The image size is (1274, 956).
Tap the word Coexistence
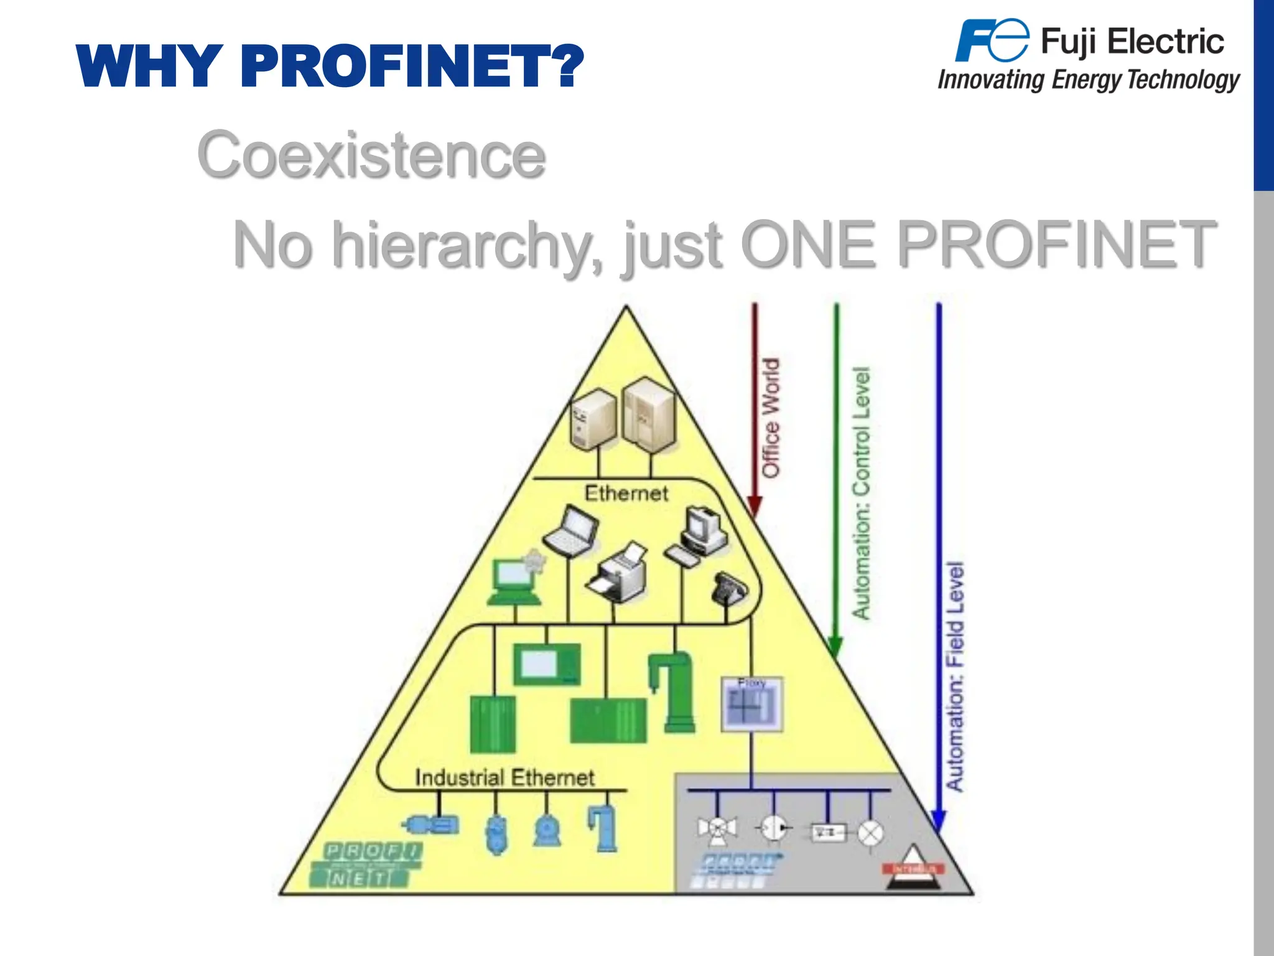[x=371, y=155]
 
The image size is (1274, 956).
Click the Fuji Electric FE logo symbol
[x=992, y=40]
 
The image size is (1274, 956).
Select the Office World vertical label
[x=771, y=418]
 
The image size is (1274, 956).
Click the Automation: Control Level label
[x=861, y=493]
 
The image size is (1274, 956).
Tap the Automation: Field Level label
[x=955, y=676]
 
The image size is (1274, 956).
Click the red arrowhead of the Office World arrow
[x=755, y=507]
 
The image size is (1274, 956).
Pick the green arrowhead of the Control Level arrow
[x=836, y=647]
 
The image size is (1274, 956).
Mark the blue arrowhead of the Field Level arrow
[x=939, y=821]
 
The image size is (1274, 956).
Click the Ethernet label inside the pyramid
[x=626, y=494]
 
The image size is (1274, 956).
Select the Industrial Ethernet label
[x=504, y=777]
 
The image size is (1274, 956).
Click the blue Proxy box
[x=751, y=705]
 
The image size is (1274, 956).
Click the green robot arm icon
[x=673, y=691]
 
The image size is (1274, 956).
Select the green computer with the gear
[x=515, y=581]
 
